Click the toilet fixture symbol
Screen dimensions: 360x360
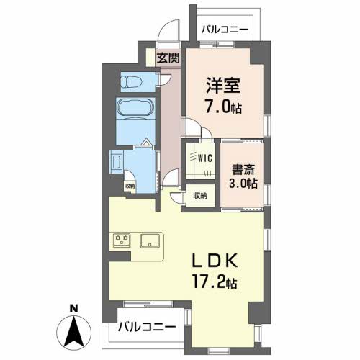coord(130,82)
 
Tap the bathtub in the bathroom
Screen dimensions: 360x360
coord(135,107)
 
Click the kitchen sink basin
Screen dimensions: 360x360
coord(150,240)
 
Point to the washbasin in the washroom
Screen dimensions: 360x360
coord(117,162)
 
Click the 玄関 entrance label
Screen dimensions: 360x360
coord(168,58)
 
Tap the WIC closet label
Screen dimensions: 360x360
coord(205,158)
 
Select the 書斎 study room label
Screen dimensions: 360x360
coord(243,170)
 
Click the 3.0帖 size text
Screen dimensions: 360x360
coord(243,184)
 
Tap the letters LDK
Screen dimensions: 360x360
coord(215,261)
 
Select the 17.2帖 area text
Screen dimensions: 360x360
coord(215,282)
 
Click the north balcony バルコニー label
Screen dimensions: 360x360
coord(225,30)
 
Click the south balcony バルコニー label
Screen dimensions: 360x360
coord(147,327)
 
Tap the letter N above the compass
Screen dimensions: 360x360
coord(73,308)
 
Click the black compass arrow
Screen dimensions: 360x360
coord(74,332)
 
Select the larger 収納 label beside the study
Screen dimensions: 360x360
coord(200,196)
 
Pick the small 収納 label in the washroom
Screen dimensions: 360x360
coord(130,186)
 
